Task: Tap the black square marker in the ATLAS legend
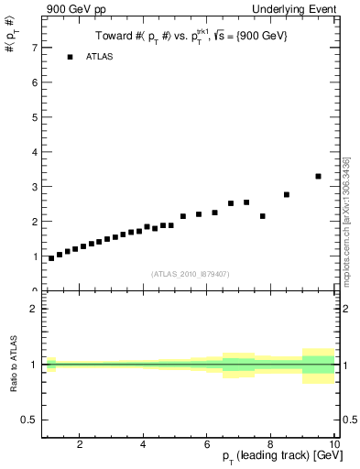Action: (x=70, y=57)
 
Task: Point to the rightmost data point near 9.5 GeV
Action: (x=318, y=176)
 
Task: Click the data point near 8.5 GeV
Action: (x=287, y=194)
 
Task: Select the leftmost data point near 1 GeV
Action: (x=51, y=258)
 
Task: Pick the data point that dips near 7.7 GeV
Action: (x=263, y=216)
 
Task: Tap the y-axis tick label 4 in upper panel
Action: (x=35, y=151)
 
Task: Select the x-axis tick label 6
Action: (x=207, y=445)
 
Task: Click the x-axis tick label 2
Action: (x=81, y=445)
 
